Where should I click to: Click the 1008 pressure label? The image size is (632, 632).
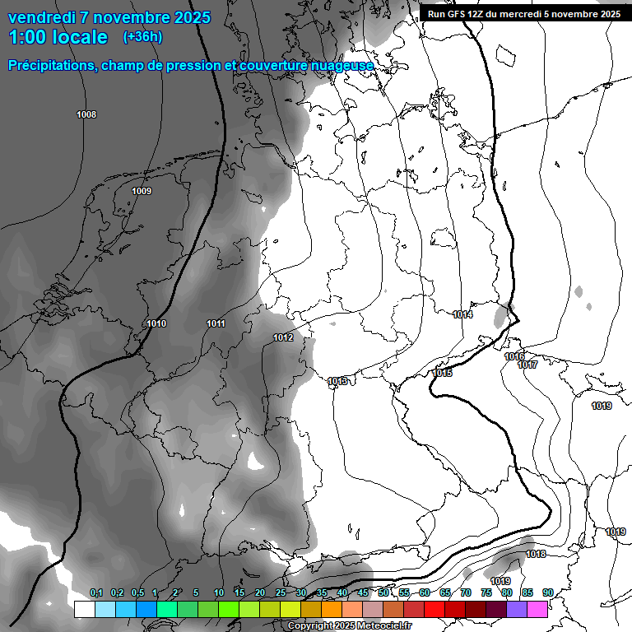(x=86, y=114)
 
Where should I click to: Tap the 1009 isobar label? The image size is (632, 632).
(x=142, y=192)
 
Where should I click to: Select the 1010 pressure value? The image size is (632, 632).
(x=156, y=323)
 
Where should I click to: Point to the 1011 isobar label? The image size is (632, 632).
(x=216, y=323)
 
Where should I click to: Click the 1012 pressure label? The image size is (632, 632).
(x=283, y=337)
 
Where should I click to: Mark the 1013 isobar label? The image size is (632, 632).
(x=337, y=381)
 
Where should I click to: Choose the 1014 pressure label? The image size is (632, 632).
(x=462, y=314)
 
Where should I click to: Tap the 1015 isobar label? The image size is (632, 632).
(x=443, y=373)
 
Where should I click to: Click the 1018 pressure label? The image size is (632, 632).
(x=536, y=554)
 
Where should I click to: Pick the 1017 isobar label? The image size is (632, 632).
(x=527, y=365)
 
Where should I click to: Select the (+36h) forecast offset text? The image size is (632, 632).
(x=142, y=37)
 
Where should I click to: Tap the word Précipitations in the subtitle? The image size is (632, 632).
(x=51, y=65)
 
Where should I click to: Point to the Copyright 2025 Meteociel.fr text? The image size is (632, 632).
(x=350, y=626)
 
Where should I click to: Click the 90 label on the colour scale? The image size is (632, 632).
(x=548, y=592)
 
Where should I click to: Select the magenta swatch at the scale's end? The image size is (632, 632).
(x=537, y=609)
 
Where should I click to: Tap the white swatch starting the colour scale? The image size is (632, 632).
(x=84, y=609)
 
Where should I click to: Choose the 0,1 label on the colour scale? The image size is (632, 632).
(x=96, y=592)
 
